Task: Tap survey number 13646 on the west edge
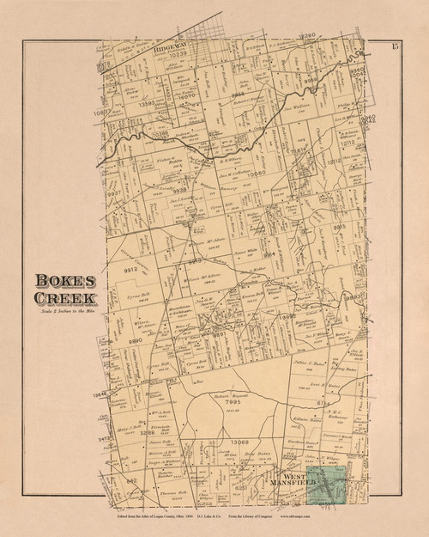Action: pos(100,392)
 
